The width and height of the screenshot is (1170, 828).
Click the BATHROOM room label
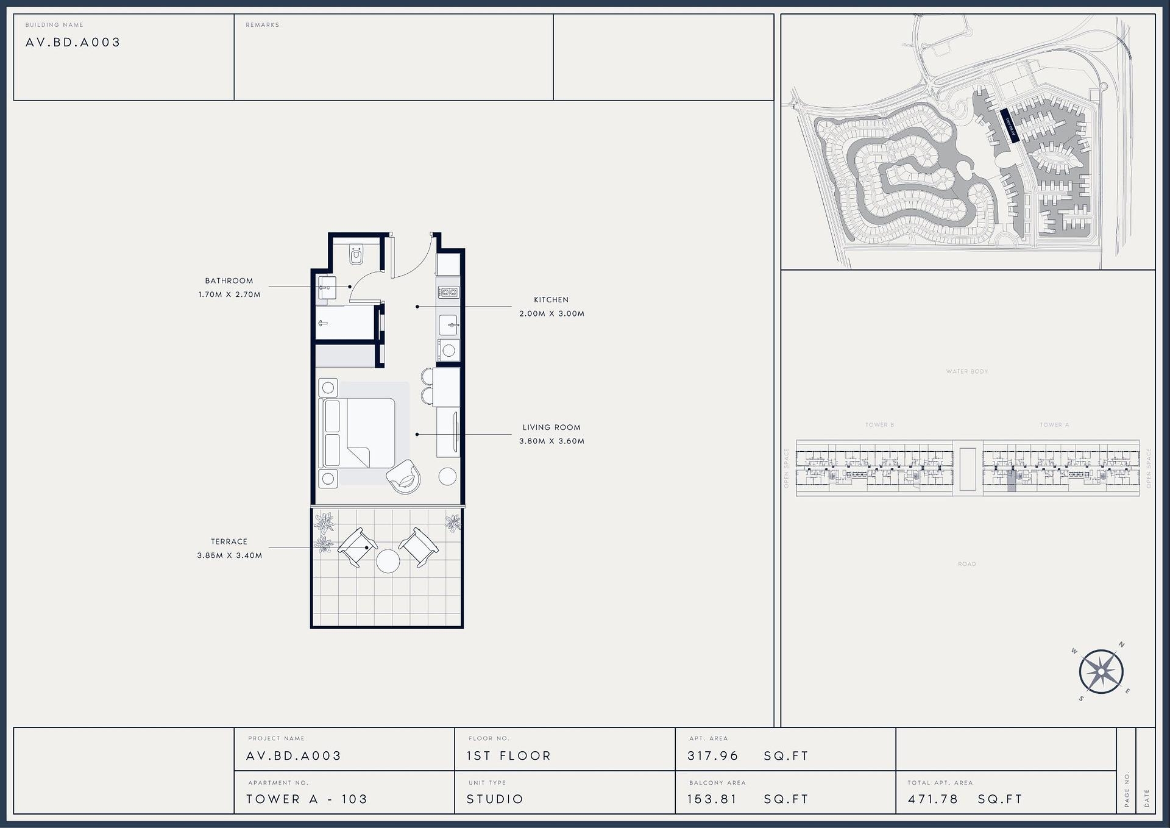[229, 280]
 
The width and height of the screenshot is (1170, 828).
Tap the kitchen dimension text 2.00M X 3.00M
[551, 313]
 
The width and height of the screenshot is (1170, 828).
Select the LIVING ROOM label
[551, 427]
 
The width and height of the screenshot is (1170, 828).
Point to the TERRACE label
[229, 541]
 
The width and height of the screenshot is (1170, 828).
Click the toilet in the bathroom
[356, 254]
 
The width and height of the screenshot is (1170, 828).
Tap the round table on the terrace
[388, 561]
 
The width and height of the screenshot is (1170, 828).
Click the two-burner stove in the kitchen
[449, 293]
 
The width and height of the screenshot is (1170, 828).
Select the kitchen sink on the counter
[449, 325]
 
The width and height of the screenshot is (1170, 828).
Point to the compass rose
[1101, 672]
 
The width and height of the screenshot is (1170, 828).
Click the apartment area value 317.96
[712, 756]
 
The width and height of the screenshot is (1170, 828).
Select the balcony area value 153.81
[712, 799]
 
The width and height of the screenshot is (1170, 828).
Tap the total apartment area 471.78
[932, 799]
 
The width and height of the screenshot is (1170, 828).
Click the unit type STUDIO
[495, 799]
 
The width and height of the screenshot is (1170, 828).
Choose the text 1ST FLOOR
[509, 756]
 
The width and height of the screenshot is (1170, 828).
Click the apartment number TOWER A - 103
[307, 799]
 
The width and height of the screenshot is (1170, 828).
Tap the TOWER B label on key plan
[879, 425]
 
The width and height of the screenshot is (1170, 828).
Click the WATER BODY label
[967, 371]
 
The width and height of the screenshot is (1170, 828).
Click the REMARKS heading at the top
[262, 25]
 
